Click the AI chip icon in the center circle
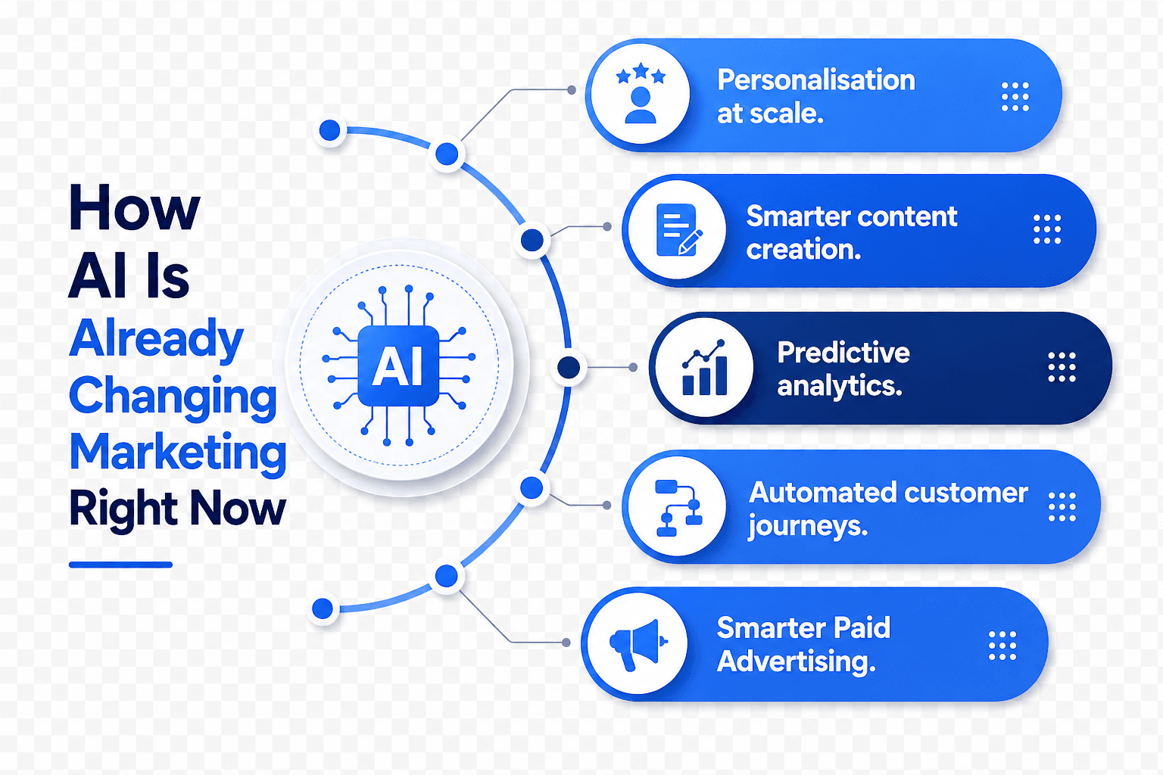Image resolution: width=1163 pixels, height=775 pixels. pyautogui.click(x=398, y=366)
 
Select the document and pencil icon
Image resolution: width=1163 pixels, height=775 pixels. pyautogui.click(x=678, y=229)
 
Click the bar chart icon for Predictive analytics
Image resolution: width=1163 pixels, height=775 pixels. pyautogui.click(x=704, y=368)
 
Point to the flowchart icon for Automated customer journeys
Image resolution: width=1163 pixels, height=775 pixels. pyautogui.click(x=678, y=508)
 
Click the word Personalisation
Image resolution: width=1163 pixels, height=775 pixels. pyautogui.click(x=815, y=80)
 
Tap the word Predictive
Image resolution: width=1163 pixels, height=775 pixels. pyautogui.click(x=843, y=353)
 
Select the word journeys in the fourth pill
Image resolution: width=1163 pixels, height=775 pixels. pyautogui.click(x=808, y=526)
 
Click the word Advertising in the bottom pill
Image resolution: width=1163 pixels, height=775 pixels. pyautogui.click(x=796, y=661)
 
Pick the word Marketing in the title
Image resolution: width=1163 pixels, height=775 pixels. pyautogui.click(x=178, y=452)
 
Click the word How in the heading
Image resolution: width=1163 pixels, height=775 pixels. pyautogui.click(x=135, y=207)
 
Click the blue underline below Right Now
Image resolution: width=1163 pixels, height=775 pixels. pyautogui.click(x=120, y=565)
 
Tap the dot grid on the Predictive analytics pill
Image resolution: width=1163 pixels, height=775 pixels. pyautogui.click(x=1062, y=368)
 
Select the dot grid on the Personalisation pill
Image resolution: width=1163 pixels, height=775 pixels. pyautogui.click(x=1015, y=97)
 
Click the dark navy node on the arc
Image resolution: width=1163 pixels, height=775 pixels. pyautogui.click(x=569, y=368)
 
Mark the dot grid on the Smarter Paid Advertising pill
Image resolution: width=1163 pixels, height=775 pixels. pyautogui.click(x=1002, y=646)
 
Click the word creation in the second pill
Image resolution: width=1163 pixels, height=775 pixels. pyautogui.click(x=803, y=251)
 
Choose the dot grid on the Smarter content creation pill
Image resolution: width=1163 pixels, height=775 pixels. pyautogui.click(x=1047, y=229)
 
